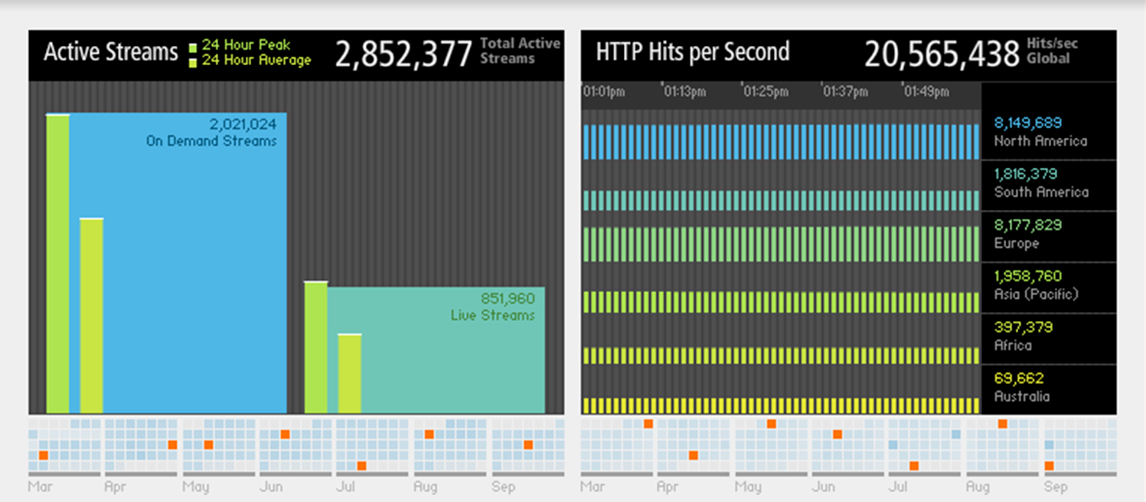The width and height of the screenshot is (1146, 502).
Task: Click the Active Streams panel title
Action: tap(111, 52)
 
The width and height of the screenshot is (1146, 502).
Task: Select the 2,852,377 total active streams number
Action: tap(403, 54)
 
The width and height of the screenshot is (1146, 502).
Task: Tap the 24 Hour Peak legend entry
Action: tap(246, 45)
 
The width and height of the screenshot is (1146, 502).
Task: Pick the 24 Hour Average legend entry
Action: tap(256, 61)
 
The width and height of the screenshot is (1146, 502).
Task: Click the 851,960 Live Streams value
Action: tap(507, 299)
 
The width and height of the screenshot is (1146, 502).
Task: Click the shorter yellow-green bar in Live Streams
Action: tap(349, 373)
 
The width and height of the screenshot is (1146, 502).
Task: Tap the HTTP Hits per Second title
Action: tap(692, 52)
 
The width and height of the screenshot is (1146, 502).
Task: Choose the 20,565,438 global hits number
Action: tap(942, 54)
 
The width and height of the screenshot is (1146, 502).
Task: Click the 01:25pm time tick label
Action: tap(766, 92)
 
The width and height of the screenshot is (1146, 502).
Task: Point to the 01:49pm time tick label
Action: tap(927, 92)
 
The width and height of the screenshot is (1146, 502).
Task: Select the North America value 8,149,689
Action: tap(1028, 123)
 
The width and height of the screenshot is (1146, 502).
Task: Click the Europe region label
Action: tap(1017, 243)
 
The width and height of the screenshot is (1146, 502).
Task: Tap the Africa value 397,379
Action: tap(1024, 327)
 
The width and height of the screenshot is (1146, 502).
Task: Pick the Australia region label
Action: tap(1022, 396)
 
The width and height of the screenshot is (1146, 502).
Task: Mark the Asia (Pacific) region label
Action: tap(1036, 294)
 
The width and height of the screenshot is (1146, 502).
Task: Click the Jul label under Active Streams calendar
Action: tap(345, 487)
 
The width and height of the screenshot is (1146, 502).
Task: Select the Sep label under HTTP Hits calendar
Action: tap(1056, 487)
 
